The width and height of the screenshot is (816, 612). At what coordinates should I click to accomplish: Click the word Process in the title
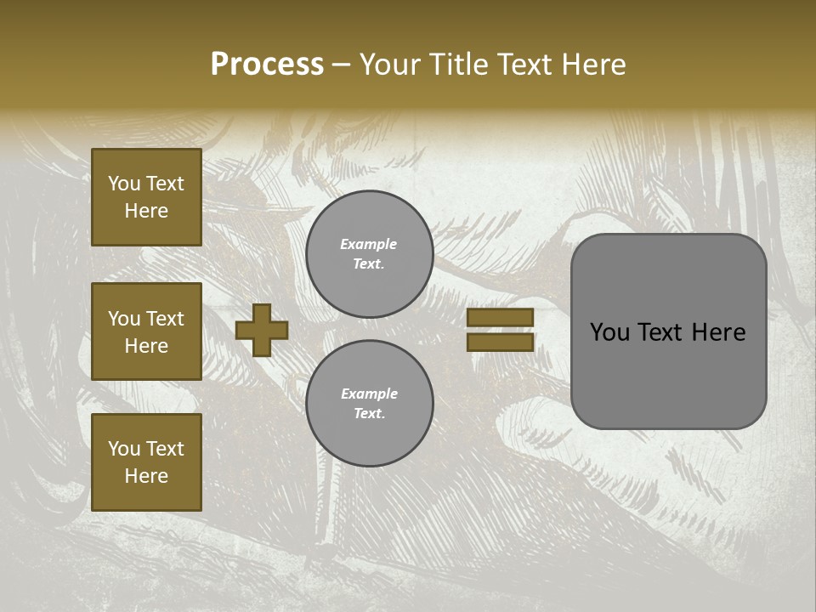(267, 65)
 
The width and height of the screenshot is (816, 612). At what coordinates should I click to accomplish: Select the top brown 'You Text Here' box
(146, 197)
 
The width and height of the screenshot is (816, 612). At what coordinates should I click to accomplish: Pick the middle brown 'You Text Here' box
(146, 331)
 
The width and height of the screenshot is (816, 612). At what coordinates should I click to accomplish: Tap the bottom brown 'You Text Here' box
(146, 462)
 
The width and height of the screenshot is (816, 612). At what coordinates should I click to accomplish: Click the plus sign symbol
(262, 330)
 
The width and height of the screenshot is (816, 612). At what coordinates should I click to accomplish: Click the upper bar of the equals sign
(501, 317)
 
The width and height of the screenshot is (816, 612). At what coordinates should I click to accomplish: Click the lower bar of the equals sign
(501, 343)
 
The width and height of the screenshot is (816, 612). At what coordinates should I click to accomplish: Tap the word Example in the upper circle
(369, 244)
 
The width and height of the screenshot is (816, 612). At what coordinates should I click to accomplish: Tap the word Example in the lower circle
(369, 394)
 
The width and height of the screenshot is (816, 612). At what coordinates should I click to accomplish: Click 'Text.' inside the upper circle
(369, 263)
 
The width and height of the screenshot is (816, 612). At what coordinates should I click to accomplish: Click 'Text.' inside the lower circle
(369, 413)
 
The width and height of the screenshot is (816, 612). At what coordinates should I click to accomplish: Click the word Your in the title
(390, 65)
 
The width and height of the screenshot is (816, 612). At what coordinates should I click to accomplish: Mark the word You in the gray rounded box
(609, 332)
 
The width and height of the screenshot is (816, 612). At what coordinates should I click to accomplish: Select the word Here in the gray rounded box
(718, 332)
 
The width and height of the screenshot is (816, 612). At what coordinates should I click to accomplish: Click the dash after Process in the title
(341, 65)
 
